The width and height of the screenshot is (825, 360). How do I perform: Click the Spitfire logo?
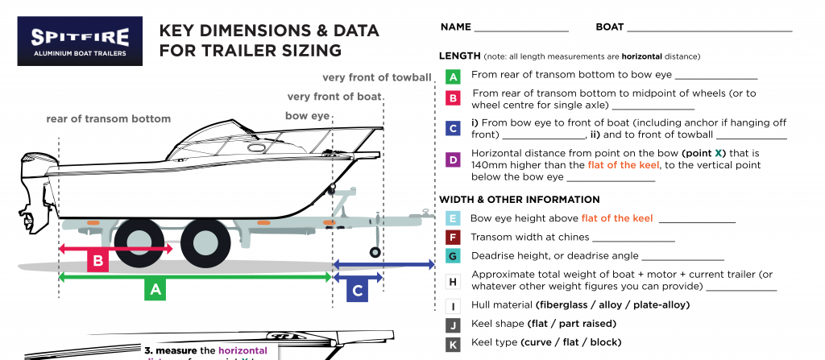tap(80, 41)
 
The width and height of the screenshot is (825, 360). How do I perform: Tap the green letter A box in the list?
tap(453, 77)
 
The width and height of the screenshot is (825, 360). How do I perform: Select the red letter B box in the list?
tap(453, 98)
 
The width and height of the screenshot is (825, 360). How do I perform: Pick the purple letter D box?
tap(453, 159)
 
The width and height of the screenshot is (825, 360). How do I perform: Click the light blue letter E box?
tap(453, 218)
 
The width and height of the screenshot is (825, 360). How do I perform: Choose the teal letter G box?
tap(453, 256)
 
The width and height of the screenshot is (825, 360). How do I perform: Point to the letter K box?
tap(453, 344)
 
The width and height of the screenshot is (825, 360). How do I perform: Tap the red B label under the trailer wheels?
tap(97, 261)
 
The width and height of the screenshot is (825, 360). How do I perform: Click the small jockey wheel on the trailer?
tap(375, 253)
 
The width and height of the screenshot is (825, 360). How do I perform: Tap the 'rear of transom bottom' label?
tap(108, 119)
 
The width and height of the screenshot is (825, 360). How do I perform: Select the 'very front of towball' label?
tap(376, 78)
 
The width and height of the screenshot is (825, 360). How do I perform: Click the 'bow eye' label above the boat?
tap(308, 116)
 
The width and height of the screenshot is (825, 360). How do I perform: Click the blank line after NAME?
tap(521, 30)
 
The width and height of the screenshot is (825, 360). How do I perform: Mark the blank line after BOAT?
tap(709, 30)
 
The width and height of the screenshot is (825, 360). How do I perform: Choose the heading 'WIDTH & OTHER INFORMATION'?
tap(519, 200)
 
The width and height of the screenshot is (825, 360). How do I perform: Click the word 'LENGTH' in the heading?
tap(459, 56)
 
